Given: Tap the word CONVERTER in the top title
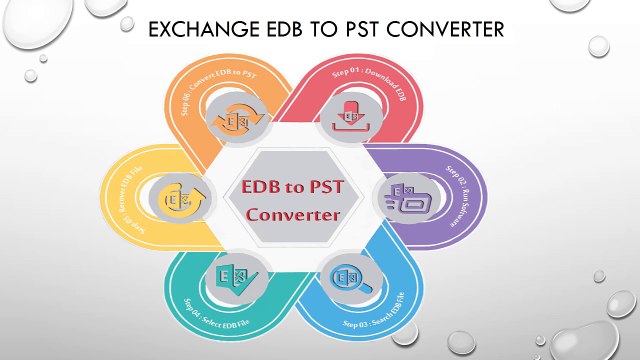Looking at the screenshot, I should (442, 31).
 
